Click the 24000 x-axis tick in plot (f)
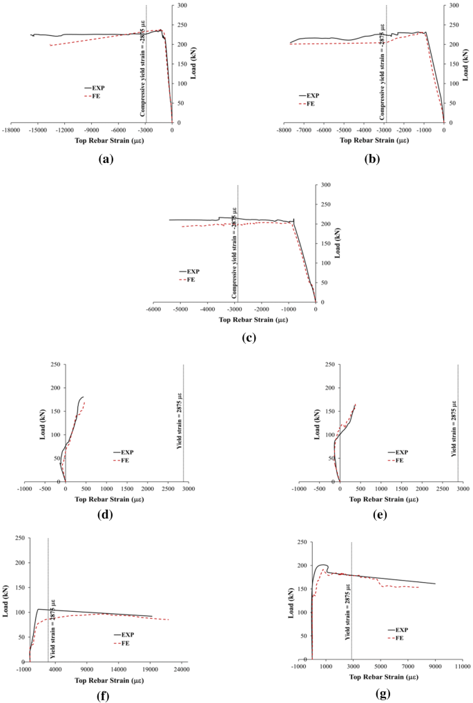(181, 669)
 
